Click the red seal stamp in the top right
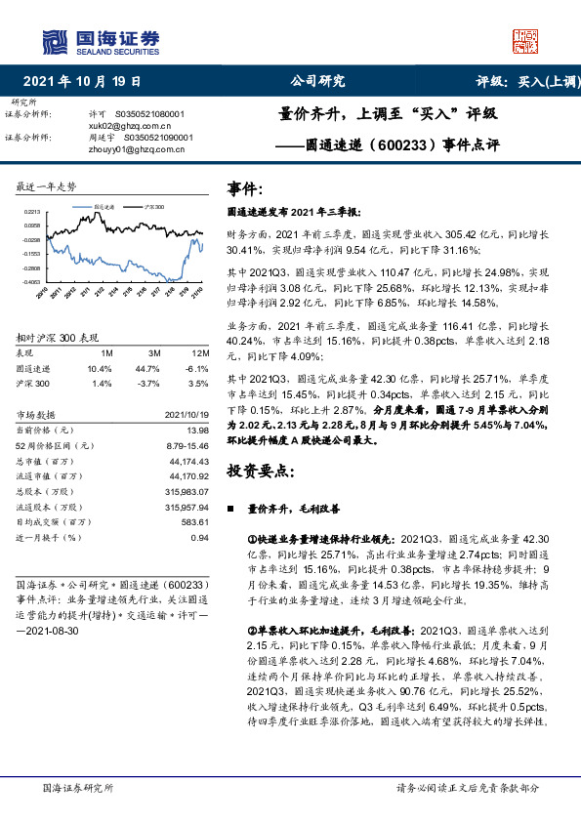pos(526,41)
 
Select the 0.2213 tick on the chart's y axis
pos(32,211)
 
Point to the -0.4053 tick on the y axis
pos(31,280)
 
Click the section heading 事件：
pos(244,187)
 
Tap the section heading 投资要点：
pos(261,471)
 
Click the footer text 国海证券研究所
pos(79,787)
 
